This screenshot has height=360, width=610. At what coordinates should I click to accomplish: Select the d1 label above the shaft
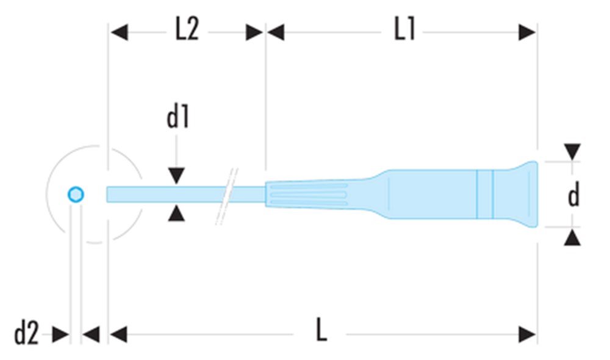(x=178, y=117)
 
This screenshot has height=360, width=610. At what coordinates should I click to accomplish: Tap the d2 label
(x=26, y=334)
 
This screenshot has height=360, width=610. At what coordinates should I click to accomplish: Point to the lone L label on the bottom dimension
(x=321, y=329)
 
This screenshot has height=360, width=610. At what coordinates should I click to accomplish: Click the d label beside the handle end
(x=573, y=194)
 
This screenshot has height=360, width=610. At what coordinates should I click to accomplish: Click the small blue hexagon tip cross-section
(x=76, y=195)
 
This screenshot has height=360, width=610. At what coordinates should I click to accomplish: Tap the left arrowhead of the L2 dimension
(x=119, y=32)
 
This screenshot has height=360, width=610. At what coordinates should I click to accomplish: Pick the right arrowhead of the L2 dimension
(x=254, y=32)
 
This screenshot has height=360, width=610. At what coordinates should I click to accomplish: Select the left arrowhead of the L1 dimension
(x=276, y=32)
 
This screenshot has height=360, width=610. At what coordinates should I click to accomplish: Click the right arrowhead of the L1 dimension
(x=527, y=32)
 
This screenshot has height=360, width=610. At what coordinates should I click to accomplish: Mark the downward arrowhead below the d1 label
(x=176, y=176)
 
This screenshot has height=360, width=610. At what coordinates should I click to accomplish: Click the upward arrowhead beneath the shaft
(x=176, y=214)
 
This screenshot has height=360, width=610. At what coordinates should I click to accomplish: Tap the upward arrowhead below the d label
(x=572, y=237)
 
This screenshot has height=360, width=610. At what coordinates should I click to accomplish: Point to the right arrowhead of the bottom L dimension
(x=527, y=334)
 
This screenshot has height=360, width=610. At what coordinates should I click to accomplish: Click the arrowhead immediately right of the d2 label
(x=60, y=334)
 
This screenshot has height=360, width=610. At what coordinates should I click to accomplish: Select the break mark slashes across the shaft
(x=227, y=196)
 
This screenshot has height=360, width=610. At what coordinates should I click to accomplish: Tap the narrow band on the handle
(x=485, y=194)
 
